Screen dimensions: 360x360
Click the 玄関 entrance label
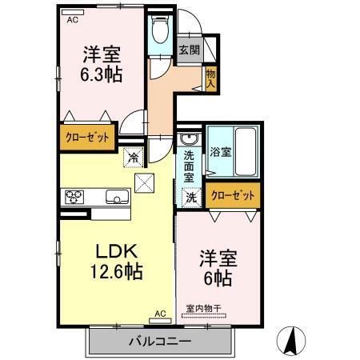pos(190,50)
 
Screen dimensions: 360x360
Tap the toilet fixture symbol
pos(158,33)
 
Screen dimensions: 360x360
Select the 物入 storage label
pos(210,78)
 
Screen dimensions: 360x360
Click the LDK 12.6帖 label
pos(110,260)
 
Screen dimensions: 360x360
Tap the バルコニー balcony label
pos(159,342)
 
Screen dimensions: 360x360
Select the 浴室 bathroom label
pos(221,150)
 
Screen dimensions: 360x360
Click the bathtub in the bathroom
pos(246,150)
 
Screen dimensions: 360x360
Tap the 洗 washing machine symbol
pos(191,196)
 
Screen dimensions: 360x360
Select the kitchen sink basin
pos(115,197)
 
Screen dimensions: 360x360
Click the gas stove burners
pos(74,197)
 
